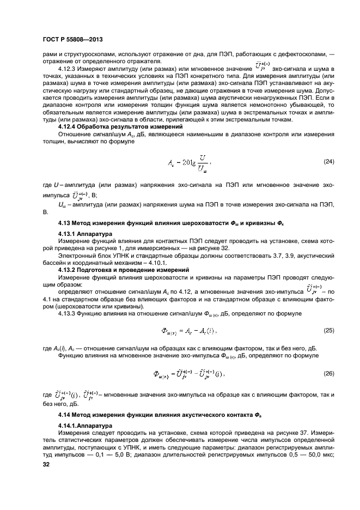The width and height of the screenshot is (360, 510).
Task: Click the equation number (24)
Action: (329, 162)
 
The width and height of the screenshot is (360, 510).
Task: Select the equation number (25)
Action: (329, 331)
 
